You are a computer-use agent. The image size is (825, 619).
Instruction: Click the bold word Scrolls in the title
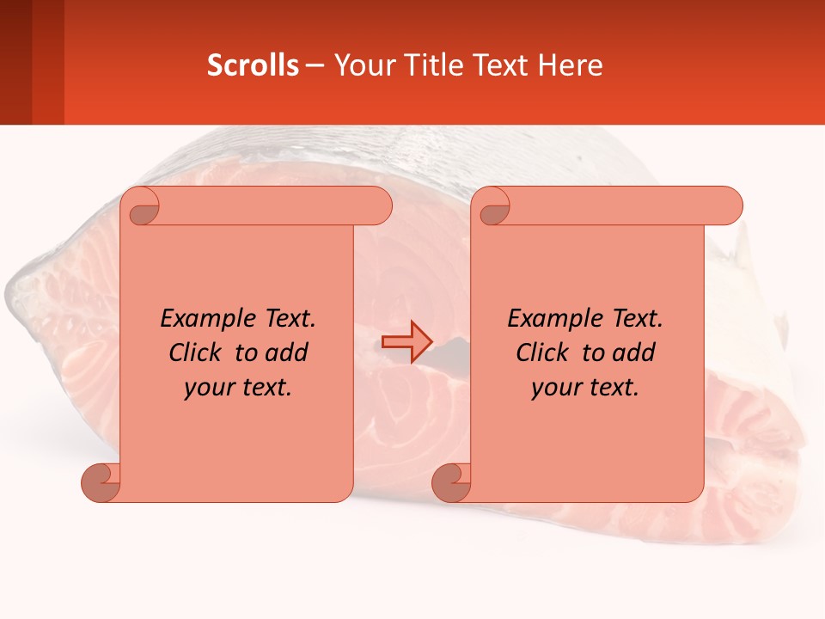point(253,65)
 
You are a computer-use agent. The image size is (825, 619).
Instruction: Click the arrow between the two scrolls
point(406,342)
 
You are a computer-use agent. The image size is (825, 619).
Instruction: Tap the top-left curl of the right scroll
point(494,207)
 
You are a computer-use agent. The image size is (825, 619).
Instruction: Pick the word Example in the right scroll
point(552,319)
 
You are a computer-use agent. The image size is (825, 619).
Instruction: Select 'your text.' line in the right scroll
point(585,388)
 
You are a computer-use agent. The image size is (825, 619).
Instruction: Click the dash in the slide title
point(315,65)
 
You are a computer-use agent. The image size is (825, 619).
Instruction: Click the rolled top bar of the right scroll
point(619,205)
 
